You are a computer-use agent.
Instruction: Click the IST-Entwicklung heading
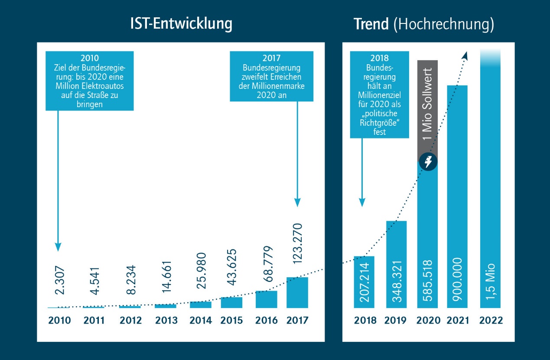pyautogui.click(x=181, y=24)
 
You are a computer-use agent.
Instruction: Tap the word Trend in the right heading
pyautogui.click(x=371, y=25)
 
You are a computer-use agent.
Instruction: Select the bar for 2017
pyautogui.click(x=297, y=292)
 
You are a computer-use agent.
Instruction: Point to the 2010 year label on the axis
pyautogui.click(x=59, y=321)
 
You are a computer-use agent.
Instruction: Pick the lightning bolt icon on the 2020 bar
pyautogui.click(x=429, y=163)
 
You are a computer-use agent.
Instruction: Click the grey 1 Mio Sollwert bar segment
pyautogui.click(x=428, y=108)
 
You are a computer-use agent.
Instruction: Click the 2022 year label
pyautogui.click(x=491, y=321)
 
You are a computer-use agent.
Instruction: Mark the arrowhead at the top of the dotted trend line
pyautogui.click(x=465, y=55)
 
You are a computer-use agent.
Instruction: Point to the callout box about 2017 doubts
pyautogui.click(x=271, y=76)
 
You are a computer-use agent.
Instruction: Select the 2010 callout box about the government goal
pyautogui.click(x=90, y=81)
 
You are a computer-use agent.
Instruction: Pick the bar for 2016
pyautogui.click(x=266, y=299)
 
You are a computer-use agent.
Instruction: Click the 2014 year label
pyautogui.click(x=200, y=321)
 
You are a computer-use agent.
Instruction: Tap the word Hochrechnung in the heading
pyautogui.click(x=444, y=25)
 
